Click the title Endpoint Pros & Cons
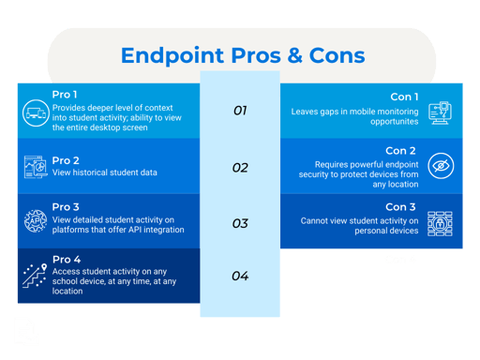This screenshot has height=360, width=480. click(x=242, y=55)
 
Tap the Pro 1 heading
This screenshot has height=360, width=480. click(x=67, y=96)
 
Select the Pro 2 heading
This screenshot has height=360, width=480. click(x=67, y=159)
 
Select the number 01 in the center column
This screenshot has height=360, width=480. click(x=240, y=111)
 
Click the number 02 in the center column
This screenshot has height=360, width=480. click(x=240, y=168)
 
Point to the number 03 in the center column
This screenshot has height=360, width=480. click(x=240, y=223)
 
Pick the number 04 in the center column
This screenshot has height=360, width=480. click(x=240, y=276)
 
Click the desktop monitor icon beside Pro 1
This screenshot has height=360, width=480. click(x=36, y=110)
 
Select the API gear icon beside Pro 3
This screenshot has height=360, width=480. click(x=36, y=221)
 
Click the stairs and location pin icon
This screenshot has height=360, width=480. click(x=36, y=276)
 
